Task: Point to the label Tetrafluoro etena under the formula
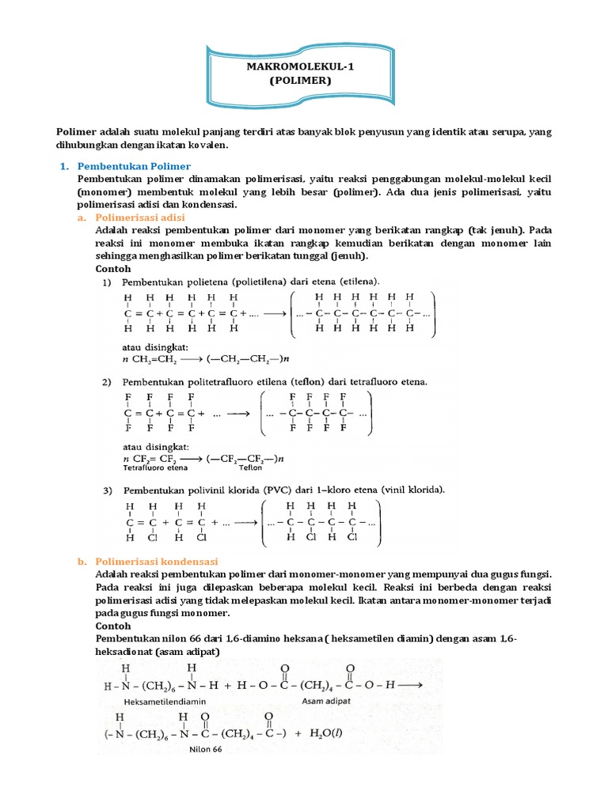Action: point(149,467)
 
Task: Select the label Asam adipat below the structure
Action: point(327,700)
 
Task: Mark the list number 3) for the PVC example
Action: point(105,490)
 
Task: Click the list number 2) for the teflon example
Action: point(105,381)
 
